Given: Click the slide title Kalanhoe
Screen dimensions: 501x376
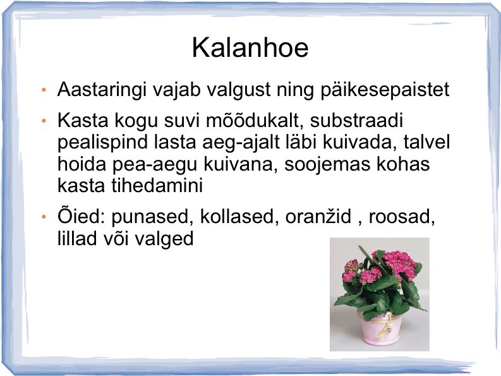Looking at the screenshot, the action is (x=250, y=48).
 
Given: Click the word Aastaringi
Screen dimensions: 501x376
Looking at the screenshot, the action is (x=102, y=90).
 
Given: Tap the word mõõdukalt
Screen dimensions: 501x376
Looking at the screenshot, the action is (x=254, y=121).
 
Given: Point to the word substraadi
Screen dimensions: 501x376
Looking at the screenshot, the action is (x=356, y=121).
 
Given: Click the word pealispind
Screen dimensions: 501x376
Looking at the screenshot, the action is (x=102, y=143).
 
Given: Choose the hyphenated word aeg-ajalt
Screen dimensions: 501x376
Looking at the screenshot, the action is (x=241, y=143).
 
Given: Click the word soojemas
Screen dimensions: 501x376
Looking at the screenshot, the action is (x=327, y=164).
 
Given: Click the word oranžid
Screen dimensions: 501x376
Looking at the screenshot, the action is (x=318, y=217).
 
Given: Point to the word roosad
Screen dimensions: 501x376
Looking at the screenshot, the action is (x=402, y=217).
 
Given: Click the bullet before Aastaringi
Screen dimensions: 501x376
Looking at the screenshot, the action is (x=44, y=90).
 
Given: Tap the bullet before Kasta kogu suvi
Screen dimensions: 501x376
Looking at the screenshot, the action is (x=44, y=121).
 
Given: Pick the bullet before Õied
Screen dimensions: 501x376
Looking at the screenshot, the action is (x=44, y=217).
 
